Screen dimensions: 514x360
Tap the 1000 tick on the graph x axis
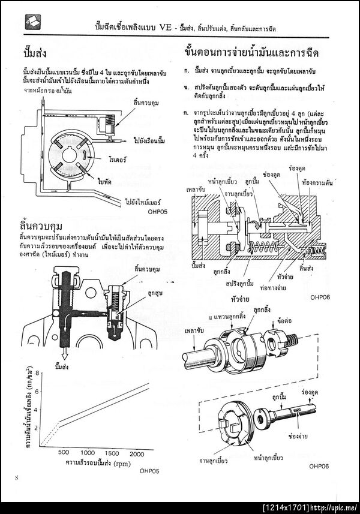(88, 453)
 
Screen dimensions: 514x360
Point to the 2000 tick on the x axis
(136, 453)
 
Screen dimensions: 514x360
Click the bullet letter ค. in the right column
(187, 113)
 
